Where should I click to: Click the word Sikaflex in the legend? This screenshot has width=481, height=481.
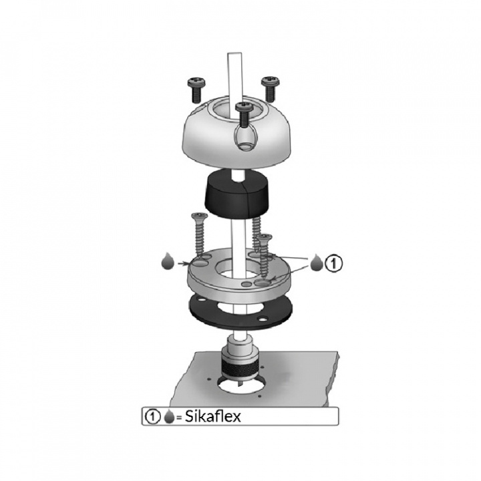click(213, 416)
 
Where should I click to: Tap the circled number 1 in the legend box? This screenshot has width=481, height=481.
click(152, 417)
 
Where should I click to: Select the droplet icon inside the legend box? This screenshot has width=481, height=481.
click(169, 417)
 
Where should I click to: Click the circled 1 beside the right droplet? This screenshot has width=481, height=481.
click(333, 263)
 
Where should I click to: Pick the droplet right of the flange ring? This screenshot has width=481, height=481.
click(317, 263)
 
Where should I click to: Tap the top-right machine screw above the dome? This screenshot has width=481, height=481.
click(270, 89)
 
